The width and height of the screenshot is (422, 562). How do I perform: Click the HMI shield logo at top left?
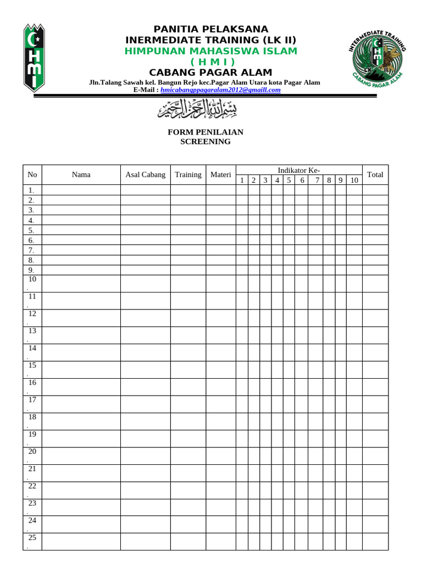coord(34,57)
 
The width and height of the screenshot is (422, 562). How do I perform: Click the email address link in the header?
coord(220,89)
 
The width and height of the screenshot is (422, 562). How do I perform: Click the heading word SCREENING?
coord(206,142)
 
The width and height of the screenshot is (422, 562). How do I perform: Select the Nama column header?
coord(81,175)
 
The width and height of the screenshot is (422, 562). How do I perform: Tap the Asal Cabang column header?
coord(145,175)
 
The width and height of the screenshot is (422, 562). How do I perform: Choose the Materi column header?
coord(220,175)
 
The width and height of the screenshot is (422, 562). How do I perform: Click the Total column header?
coord(375,175)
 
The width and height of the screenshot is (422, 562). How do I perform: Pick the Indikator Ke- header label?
coord(298,170)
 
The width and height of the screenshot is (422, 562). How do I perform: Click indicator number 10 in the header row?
coord(354,180)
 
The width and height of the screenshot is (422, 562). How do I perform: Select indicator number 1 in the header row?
coord(242,180)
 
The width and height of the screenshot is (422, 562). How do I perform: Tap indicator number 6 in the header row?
coord(301,180)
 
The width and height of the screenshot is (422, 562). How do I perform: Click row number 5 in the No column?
coord(32,230)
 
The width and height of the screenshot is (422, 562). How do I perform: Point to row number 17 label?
coord(32,400)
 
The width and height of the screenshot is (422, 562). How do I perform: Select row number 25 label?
coord(32,538)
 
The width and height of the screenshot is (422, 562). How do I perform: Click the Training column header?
coord(188,175)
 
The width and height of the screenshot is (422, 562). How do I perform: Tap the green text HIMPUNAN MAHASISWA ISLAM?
coord(211,51)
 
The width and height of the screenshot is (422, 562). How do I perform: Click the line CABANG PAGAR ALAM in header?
coord(211,73)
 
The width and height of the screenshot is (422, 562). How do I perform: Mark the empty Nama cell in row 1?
coord(81,190)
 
